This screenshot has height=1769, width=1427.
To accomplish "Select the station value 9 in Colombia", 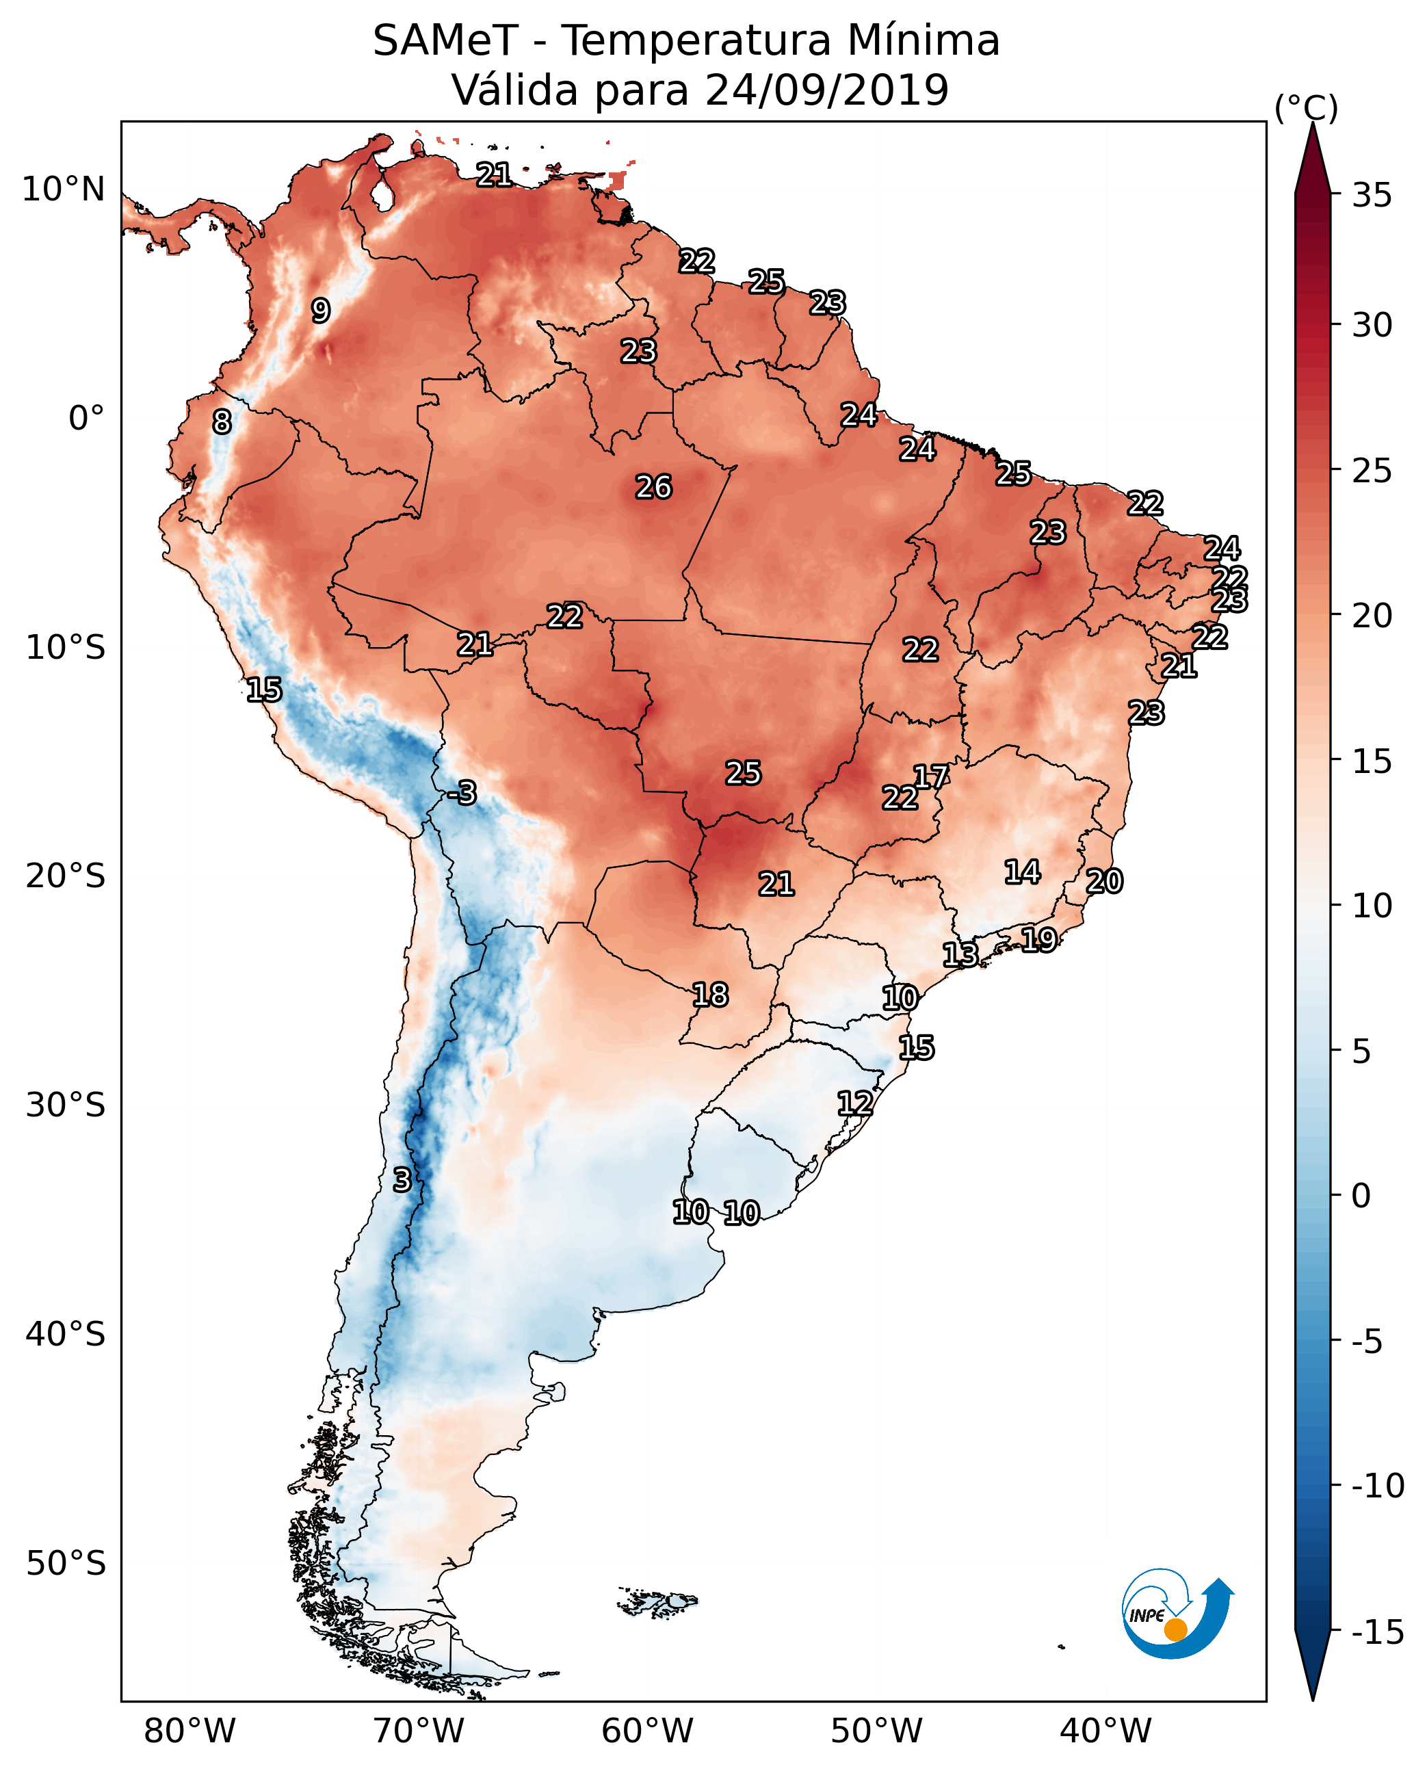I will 321,311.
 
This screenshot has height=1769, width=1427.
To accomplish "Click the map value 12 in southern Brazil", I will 855,1103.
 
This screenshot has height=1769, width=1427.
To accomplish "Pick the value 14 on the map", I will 1022,872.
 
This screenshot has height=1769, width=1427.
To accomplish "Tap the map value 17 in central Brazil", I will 931,777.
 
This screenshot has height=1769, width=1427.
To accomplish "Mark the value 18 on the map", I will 710,995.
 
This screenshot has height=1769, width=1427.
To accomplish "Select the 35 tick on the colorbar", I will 1372,196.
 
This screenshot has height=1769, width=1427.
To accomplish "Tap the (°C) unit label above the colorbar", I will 1306,107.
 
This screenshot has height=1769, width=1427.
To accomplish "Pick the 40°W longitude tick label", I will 1105,1731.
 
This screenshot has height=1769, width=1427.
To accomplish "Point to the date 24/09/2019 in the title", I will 827,90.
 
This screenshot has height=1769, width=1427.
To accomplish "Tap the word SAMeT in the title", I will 445,40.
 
